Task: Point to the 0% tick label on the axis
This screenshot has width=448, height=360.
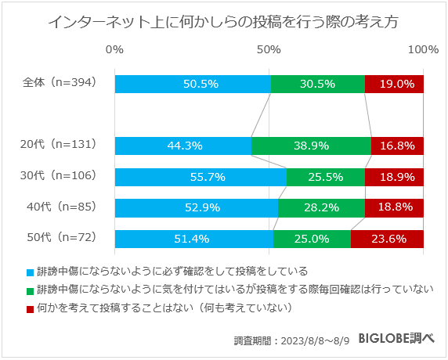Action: click(x=114, y=49)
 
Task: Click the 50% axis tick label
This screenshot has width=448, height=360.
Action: click(x=269, y=49)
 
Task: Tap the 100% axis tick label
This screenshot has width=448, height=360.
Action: click(x=423, y=49)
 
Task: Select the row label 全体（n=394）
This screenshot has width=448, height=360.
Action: click(x=60, y=84)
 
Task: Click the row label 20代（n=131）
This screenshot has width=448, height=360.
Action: click(x=60, y=145)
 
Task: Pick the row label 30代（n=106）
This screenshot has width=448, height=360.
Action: click(x=60, y=176)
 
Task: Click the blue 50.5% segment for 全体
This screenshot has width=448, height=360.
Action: click(x=193, y=84)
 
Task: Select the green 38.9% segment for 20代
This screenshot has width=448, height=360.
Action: click(x=311, y=146)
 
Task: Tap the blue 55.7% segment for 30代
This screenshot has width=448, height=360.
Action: click(x=201, y=177)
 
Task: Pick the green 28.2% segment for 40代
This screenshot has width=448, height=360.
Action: click(x=321, y=207)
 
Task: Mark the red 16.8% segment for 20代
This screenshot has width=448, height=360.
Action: click(x=397, y=146)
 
